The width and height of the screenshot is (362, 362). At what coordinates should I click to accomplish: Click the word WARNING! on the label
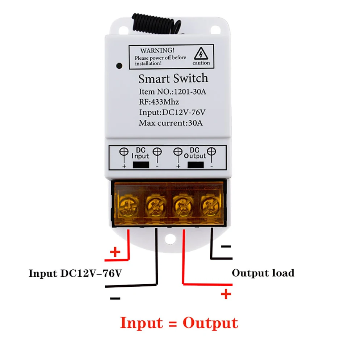[157, 50]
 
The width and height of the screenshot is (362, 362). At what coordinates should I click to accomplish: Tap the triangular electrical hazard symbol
[200, 54]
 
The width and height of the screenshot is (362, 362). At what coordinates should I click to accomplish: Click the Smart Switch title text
[173, 78]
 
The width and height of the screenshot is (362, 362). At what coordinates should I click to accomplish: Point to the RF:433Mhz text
[159, 102]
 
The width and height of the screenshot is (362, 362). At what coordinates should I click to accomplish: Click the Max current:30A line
[171, 122]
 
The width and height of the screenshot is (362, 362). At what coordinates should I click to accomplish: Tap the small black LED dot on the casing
[118, 66]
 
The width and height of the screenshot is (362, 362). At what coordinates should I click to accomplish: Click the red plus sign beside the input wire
[115, 252]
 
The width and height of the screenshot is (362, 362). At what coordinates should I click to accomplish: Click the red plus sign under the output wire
[226, 294]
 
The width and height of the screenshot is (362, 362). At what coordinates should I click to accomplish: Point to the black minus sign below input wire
[115, 298]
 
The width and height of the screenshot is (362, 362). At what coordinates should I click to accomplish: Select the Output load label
[263, 273]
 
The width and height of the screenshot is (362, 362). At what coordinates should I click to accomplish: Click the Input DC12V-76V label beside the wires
[75, 273]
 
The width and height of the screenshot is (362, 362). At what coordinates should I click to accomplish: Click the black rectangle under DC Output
[195, 165]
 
